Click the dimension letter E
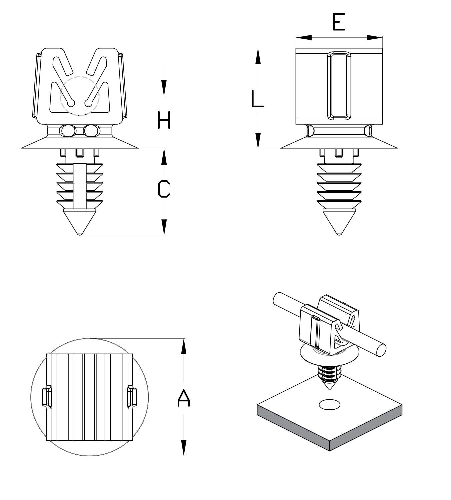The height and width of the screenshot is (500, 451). (x=339, y=23)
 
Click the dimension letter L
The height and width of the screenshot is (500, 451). (x=257, y=99)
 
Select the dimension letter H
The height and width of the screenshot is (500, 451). (x=164, y=120)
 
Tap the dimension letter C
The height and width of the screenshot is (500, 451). (x=164, y=189)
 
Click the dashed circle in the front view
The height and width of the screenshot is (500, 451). (x=80, y=96)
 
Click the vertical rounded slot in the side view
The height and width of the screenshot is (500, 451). (x=339, y=85)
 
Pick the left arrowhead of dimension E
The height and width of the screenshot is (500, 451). (x=303, y=38)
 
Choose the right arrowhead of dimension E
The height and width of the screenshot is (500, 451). (x=374, y=38)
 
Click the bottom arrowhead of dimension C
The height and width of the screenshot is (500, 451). (x=164, y=227)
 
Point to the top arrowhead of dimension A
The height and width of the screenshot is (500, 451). (x=183, y=346)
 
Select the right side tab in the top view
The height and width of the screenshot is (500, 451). (x=133, y=397)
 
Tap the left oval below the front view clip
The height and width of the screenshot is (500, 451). (x=67, y=130)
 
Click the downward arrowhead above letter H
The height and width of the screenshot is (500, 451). (x=164, y=88)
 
